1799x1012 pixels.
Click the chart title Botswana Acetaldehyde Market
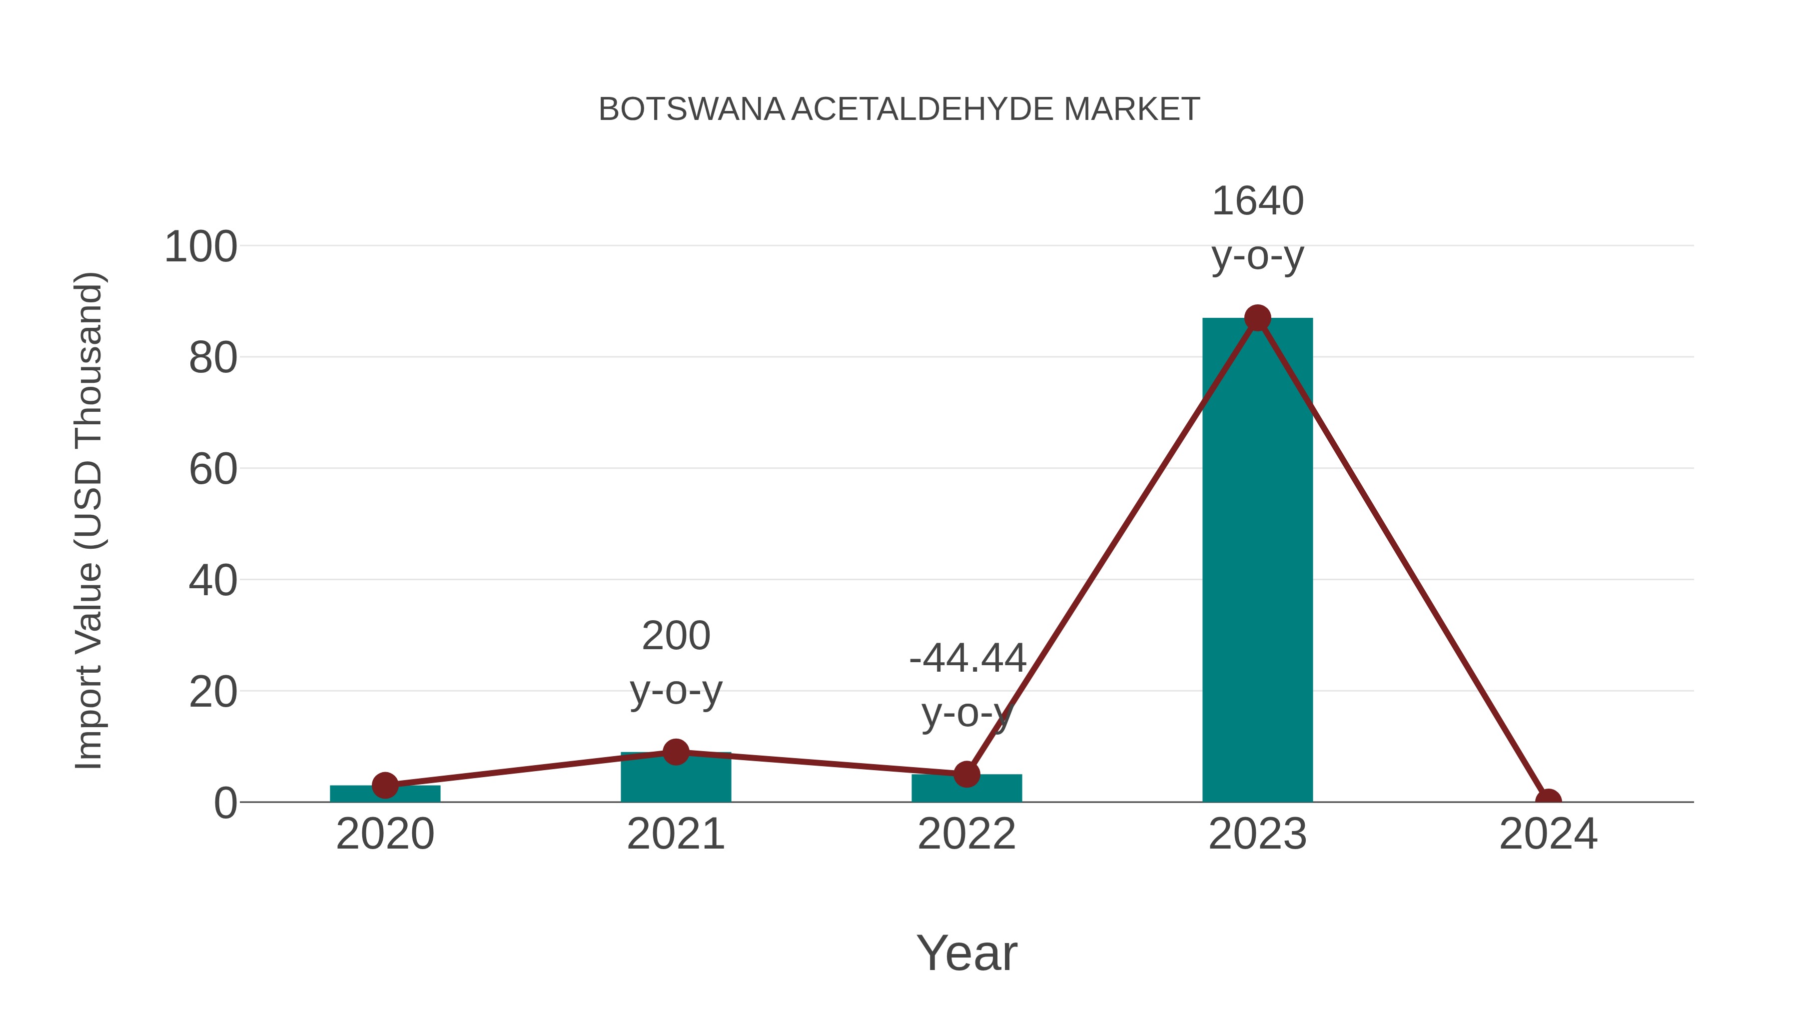click(899, 109)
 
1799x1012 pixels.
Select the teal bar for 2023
click(1257, 559)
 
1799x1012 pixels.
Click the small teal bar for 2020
click(385, 795)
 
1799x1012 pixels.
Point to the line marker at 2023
click(1257, 318)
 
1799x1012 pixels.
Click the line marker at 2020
click(385, 785)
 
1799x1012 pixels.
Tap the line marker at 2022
click(966, 774)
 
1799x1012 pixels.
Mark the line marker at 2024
click(1548, 801)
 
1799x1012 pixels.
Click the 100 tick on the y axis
click(200, 247)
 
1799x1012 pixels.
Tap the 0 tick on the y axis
click(225, 803)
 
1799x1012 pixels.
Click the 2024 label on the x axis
click(1548, 835)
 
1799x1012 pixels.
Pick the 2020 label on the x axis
click(385, 835)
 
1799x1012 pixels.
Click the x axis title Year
click(966, 954)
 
